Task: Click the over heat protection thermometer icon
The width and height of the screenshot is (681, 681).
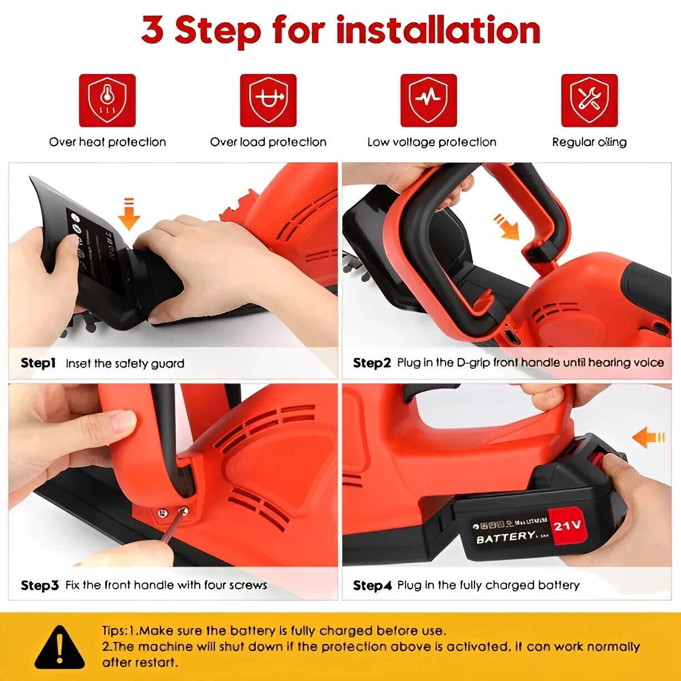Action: [x=107, y=101]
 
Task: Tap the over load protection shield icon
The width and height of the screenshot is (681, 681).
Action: [x=268, y=101]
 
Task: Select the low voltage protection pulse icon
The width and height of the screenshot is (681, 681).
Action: [x=428, y=101]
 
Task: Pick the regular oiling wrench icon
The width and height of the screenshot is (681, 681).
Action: [x=589, y=101]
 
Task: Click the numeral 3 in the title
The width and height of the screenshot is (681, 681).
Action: [x=152, y=31]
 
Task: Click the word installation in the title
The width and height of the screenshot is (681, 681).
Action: [x=438, y=31]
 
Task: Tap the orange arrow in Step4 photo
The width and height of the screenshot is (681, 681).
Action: [x=649, y=437]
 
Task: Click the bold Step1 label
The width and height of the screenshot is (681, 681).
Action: [x=38, y=363]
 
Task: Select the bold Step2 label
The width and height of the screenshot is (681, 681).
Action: [x=372, y=363]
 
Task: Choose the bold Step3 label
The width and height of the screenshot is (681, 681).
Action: [x=40, y=585]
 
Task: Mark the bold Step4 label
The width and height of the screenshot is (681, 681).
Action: [x=372, y=585]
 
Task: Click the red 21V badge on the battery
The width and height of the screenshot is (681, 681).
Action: [x=567, y=525]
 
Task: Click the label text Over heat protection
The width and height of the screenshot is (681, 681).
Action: [x=107, y=142]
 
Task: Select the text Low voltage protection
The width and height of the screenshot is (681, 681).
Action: [x=431, y=142]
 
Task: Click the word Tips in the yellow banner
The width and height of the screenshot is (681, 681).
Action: [x=114, y=631]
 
